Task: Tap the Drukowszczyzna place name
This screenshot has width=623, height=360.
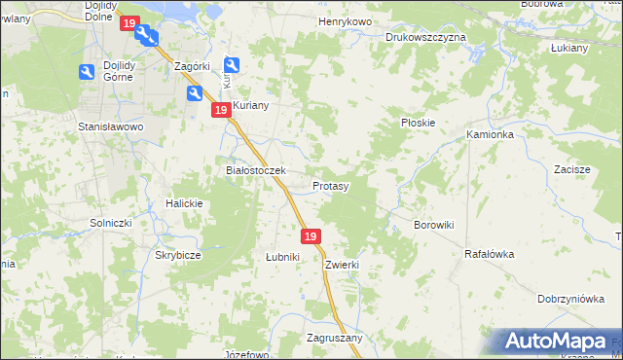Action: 425,37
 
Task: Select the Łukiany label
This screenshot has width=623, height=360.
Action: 569,48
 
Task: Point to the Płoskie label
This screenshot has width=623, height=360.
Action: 418,124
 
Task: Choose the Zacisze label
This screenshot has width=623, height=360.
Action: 572,169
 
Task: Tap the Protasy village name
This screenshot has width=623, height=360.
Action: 331,185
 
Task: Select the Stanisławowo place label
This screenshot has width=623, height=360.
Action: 111,126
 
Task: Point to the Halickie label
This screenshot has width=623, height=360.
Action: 184,203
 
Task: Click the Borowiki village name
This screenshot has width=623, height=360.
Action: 434,225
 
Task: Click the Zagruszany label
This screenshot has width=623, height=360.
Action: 335,338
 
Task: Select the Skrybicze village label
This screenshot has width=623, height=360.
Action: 178,255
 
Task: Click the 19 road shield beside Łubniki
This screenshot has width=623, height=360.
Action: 311,236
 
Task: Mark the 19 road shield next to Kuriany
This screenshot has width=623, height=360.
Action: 221,111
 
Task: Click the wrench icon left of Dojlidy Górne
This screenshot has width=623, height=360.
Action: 86,72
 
